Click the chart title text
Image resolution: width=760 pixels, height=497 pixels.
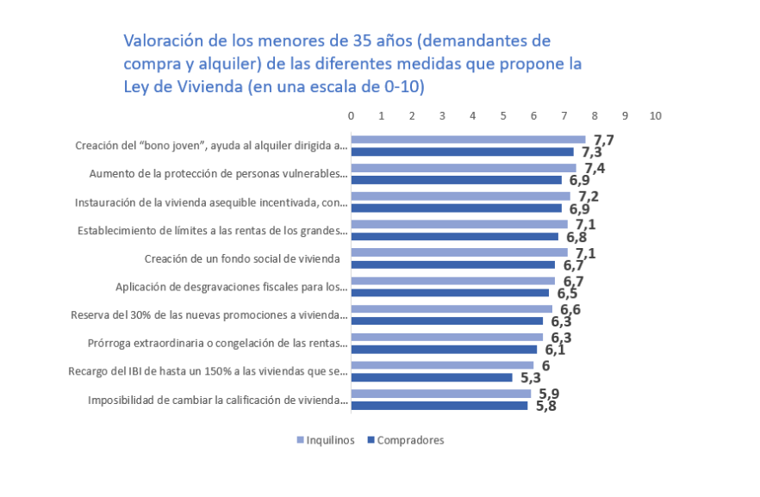click(x=352, y=64)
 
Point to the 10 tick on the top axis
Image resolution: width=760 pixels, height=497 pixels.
click(x=655, y=115)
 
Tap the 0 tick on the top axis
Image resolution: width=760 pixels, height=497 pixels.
click(x=351, y=115)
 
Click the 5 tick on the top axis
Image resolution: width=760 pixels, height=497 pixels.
click(x=503, y=115)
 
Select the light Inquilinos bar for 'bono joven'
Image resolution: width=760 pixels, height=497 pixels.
click(x=468, y=140)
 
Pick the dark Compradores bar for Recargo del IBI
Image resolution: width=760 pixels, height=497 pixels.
click(x=431, y=377)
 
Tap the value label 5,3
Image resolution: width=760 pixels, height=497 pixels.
click(x=531, y=377)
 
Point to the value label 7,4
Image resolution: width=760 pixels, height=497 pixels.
click(x=594, y=168)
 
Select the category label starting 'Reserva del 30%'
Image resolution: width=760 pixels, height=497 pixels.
click(x=209, y=314)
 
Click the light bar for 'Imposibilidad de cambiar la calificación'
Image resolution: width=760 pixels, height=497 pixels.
click(x=440, y=394)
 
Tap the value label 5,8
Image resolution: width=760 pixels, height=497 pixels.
click(x=546, y=406)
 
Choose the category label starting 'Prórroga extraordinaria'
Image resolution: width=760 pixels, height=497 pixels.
click(x=218, y=343)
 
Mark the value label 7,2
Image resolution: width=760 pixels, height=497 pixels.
click(x=589, y=196)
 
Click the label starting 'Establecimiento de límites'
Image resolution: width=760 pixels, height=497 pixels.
click(x=213, y=230)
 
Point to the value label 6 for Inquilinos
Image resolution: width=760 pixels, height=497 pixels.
click(x=545, y=365)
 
